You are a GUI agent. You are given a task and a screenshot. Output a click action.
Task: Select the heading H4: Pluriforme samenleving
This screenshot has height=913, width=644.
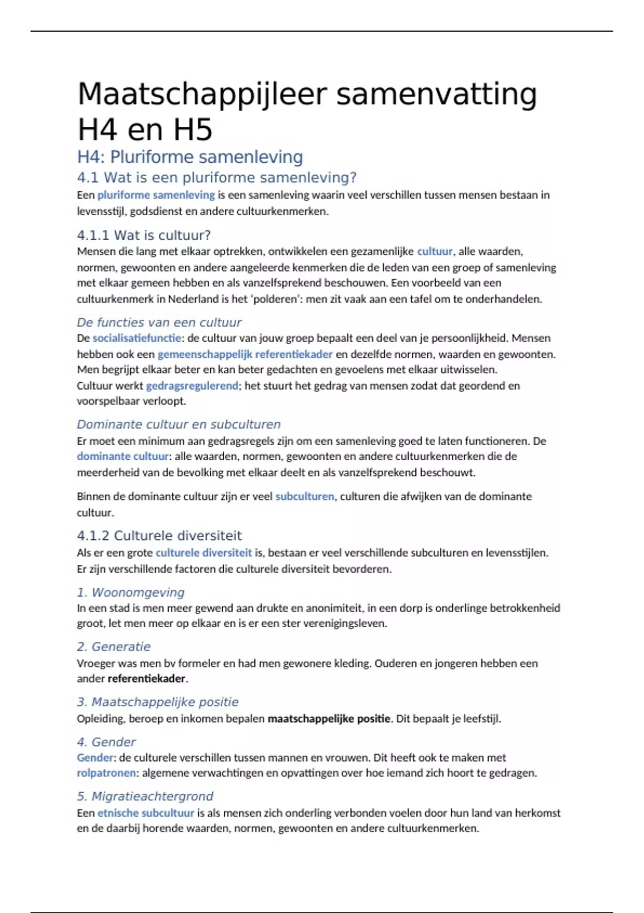coord(190,157)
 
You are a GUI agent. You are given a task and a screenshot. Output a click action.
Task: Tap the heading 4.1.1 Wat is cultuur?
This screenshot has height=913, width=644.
coord(144,235)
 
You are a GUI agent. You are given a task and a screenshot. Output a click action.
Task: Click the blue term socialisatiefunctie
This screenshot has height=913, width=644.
coord(137,338)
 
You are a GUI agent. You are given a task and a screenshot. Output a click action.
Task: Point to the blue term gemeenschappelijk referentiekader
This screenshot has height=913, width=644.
coord(245,354)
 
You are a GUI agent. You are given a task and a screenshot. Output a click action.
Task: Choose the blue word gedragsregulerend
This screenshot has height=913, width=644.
coord(192,386)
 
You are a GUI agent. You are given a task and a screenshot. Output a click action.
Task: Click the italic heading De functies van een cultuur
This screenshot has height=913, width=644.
coord(159,322)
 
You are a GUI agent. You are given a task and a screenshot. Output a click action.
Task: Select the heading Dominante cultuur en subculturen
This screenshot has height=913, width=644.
coord(179,424)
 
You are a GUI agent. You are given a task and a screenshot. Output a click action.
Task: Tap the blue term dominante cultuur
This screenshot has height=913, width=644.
coord(123,457)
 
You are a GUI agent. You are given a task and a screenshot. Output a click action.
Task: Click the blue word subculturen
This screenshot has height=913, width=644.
coord(304,496)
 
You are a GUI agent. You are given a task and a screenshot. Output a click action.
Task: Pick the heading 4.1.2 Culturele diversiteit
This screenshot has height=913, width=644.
coord(159,535)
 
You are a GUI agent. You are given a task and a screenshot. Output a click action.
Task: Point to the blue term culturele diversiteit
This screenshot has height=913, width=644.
coord(203,553)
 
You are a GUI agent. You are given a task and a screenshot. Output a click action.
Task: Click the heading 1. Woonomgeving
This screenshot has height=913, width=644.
coord(130,592)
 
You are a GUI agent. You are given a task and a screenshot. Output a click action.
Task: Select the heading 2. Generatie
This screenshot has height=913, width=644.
coord(114,647)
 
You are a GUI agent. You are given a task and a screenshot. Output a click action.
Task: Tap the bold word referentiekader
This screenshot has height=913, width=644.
coord(147,679)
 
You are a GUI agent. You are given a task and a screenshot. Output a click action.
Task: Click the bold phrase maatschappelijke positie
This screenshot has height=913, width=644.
coord(329,719)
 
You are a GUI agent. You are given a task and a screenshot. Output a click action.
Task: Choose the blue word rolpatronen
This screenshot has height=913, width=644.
coord(106,773)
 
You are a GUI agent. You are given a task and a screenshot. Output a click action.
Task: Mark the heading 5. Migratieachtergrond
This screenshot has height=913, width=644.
coord(145,796)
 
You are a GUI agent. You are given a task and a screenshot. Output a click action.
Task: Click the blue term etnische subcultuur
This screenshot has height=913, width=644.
coord(145,813)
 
